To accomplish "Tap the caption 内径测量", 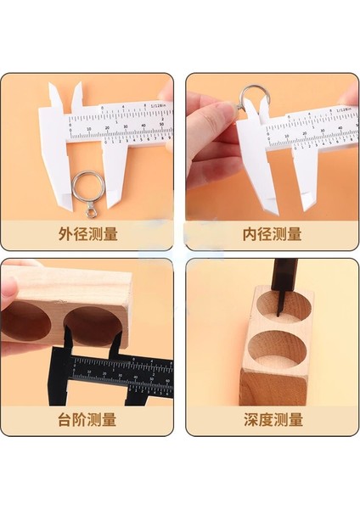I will coord(273,233).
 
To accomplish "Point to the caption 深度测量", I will coord(273,419).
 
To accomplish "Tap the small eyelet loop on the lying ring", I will coord(87,208).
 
